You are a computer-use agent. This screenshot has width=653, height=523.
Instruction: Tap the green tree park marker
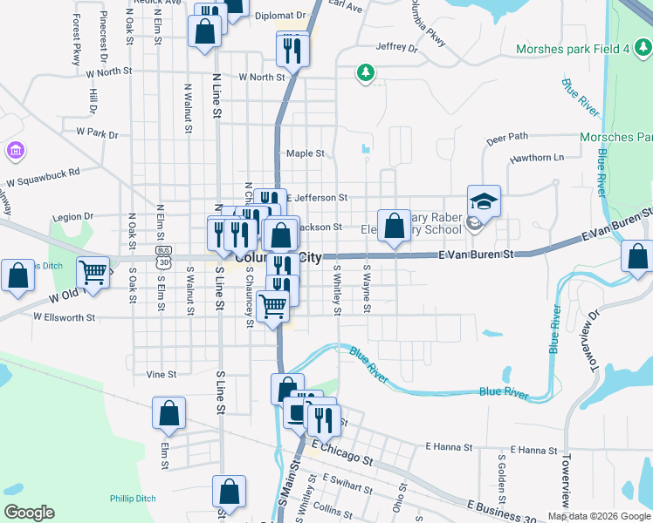[366, 73]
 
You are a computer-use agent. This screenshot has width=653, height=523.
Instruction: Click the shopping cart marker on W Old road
[93, 272]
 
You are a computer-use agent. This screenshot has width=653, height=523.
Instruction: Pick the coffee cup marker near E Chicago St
[299, 412]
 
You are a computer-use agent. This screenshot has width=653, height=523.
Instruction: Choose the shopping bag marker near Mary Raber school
[394, 226]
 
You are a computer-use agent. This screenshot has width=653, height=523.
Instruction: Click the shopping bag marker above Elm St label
[169, 415]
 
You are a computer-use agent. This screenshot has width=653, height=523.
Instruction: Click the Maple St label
[306, 153]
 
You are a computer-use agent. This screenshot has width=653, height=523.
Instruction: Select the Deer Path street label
[507, 137]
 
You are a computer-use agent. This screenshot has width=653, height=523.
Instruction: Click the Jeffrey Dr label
[397, 47]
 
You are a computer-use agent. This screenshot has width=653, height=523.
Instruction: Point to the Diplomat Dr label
[278, 15]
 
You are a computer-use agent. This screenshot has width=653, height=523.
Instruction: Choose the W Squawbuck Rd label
[43, 177]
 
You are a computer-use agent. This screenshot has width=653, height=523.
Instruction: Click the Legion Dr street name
[72, 217]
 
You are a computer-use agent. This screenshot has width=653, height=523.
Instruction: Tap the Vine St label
[162, 374]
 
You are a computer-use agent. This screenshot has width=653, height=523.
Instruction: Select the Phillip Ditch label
[133, 499]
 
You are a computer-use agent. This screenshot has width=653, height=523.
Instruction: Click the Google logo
[29, 513]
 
